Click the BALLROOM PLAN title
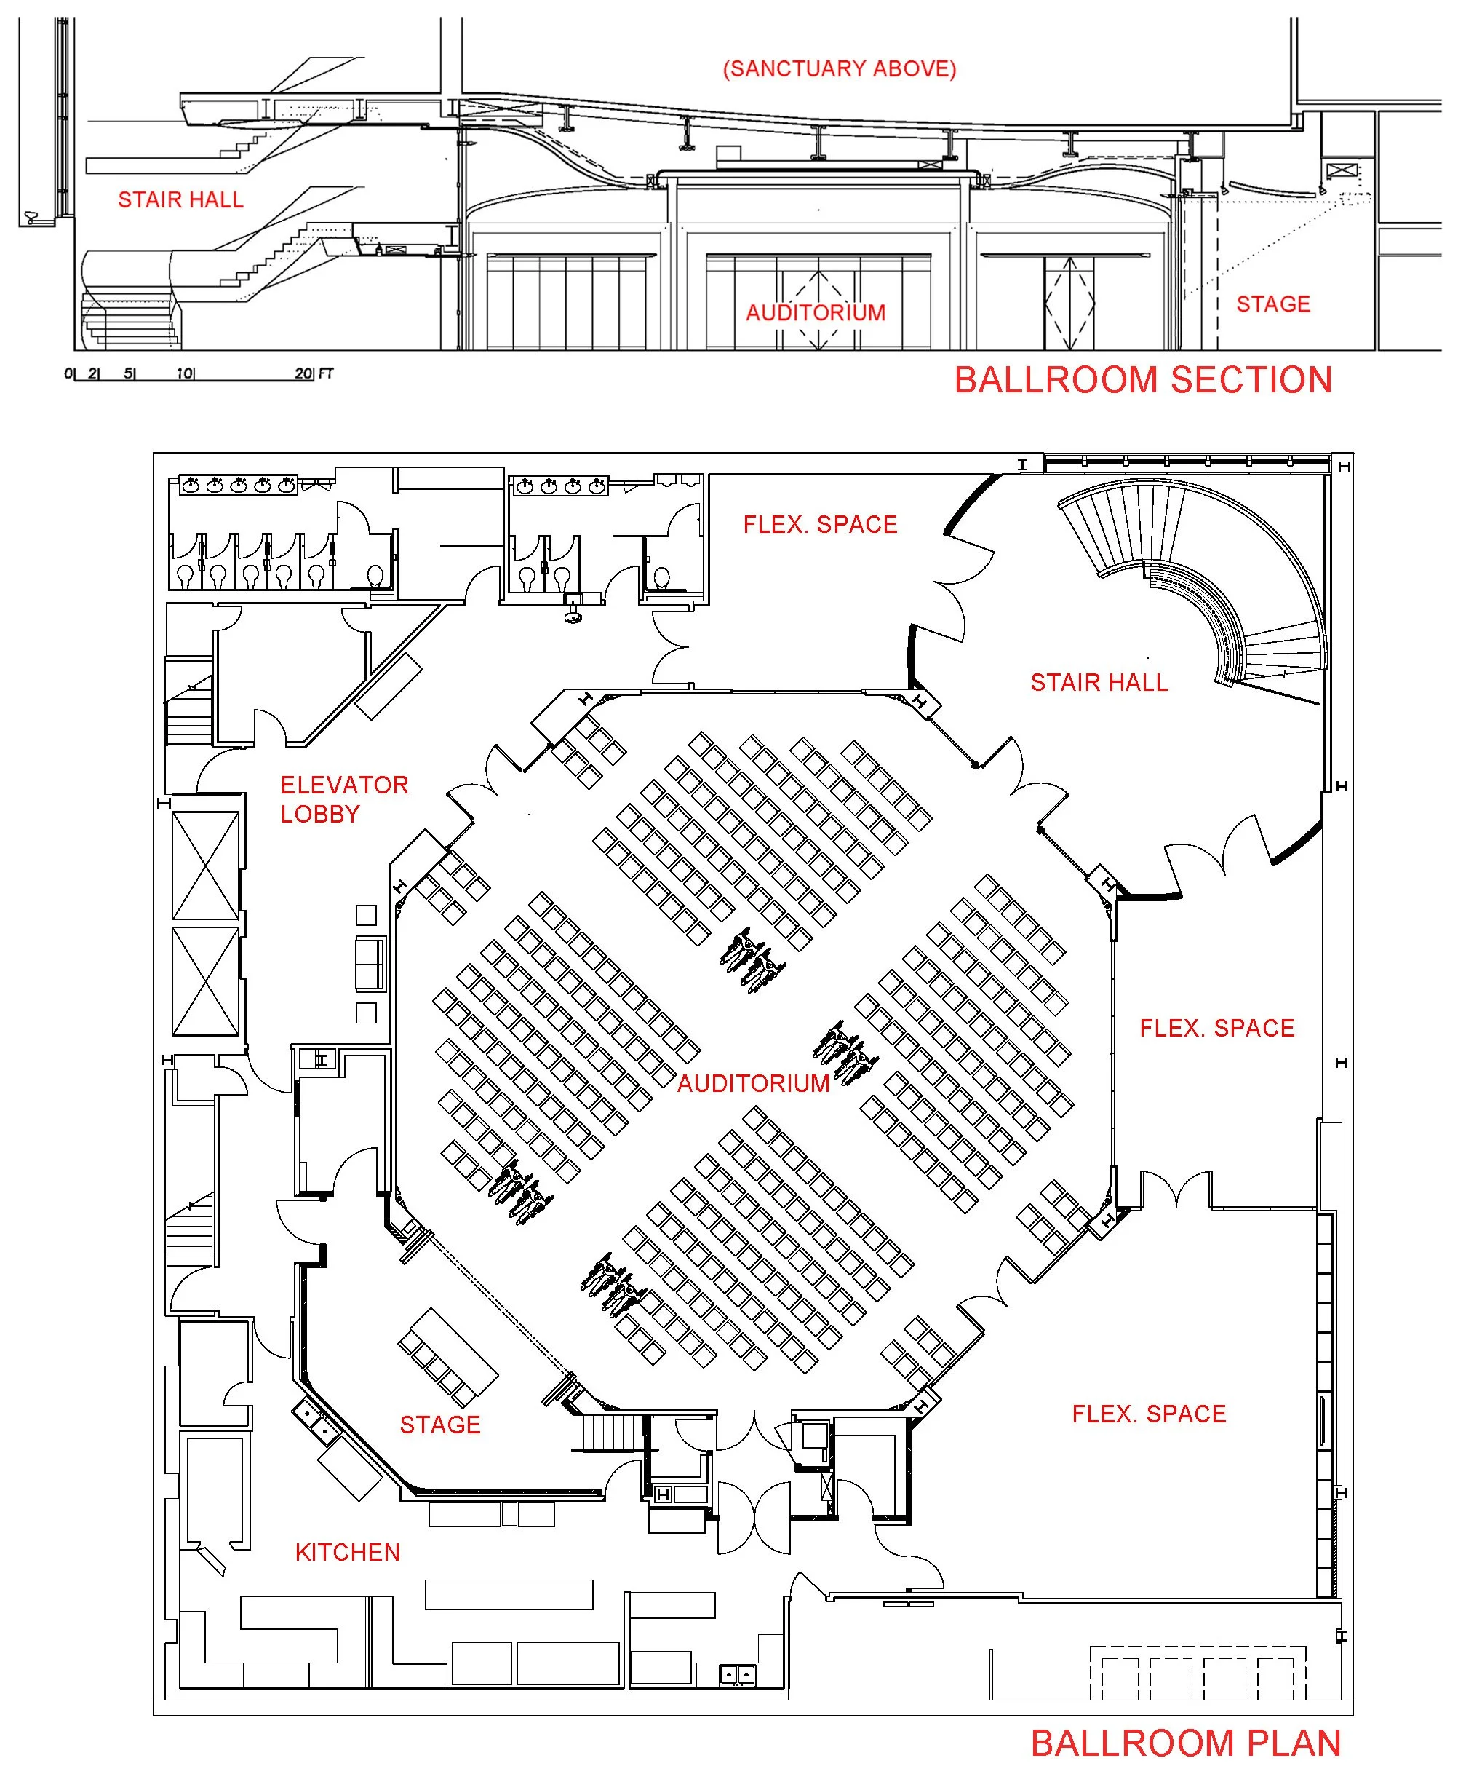tap(1186, 1743)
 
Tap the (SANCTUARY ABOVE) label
tap(840, 68)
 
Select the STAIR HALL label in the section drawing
tap(180, 199)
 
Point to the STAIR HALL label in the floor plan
tap(1099, 683)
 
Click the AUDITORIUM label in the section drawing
tap(816, 312)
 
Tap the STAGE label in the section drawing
tap(1273, 304)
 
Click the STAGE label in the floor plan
tap(440, 1425)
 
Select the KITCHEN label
tap(347, 1552)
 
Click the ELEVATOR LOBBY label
tap(343, 799)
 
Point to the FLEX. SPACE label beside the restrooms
tap(820, 525)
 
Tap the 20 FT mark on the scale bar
tap(314, 373)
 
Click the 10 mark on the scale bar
tap(185, 373)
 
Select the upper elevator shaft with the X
tap(205, 866)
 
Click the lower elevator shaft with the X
tap(205, 981)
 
